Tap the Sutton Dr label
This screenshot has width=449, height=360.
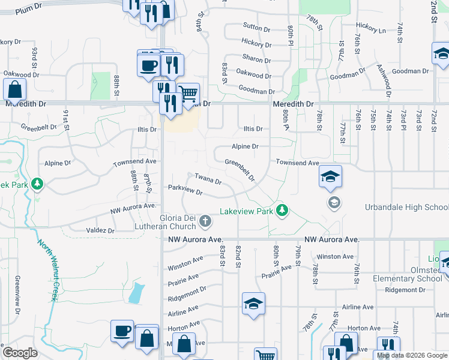click(257, 26)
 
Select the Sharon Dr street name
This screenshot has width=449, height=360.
click(257, 58)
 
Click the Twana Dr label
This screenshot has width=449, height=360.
click(208, 178)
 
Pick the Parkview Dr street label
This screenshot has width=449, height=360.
click(185, 190)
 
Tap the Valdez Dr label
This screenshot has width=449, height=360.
click(100, 230)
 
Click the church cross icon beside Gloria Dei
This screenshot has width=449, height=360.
click(205, 222)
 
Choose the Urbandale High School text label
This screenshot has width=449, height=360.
click(406, 208)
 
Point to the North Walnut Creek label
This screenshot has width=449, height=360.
click(47, 271)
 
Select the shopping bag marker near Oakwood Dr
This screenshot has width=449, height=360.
click(14, 91)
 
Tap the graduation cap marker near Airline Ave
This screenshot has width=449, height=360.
click(253, 304)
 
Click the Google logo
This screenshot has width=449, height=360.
click(20, 353)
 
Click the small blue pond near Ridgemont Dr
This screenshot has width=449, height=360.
click(137, 293)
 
